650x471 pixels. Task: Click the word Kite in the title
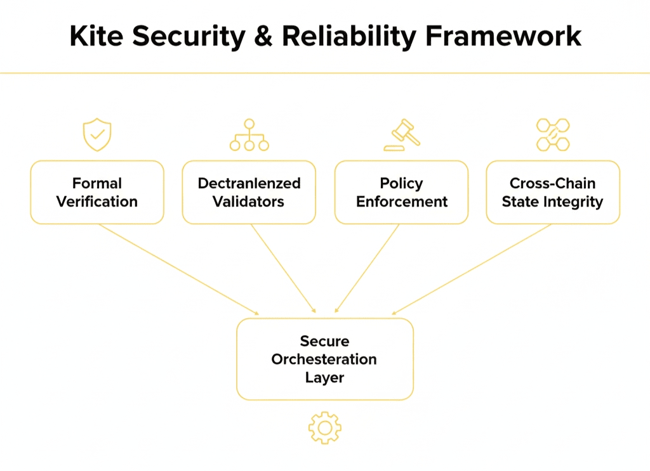(x=93, y=36)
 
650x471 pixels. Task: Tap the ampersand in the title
(x=262, y=36)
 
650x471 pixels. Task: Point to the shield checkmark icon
(x=97, y=135)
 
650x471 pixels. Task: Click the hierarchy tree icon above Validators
(x=249, y=135)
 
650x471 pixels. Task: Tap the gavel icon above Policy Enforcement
(x=401, y=135)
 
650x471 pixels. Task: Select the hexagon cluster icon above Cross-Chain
(x=553, y=135)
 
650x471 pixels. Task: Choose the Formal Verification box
(x=97, y=192)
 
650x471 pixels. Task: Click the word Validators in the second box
(x=249, y=202)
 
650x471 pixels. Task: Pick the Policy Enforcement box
(x=401, y=192)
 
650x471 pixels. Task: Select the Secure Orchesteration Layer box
(x=325, y=359)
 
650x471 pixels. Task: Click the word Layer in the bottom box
(x=325, y=378)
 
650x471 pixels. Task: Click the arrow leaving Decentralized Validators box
(x=283, y=269)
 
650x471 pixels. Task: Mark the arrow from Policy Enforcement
(x=367, y=269)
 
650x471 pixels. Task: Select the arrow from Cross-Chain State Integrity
(x=472, y=269)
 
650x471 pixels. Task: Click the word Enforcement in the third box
(x=402, y=202)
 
